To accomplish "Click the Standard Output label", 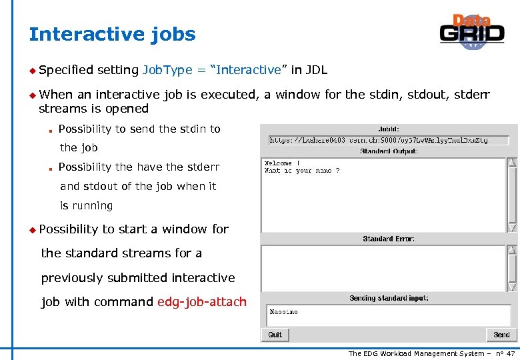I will point(389,151).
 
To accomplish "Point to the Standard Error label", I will point(388,239).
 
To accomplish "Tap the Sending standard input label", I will point(389,298).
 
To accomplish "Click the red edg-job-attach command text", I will point(201,302).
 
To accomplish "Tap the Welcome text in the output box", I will point(278,163).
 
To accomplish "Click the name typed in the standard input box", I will point(283,311).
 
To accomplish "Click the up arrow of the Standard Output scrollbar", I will point(512,163).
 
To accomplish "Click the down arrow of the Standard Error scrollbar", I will point(512,287).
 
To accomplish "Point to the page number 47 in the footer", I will point(510,353).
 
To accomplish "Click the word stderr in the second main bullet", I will point(471,95).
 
